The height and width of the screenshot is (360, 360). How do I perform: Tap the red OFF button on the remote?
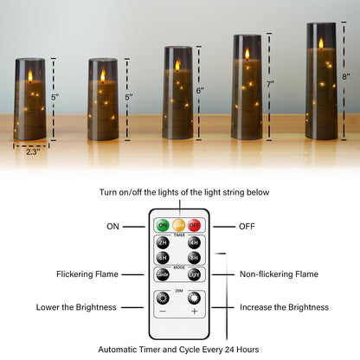click(195, 226)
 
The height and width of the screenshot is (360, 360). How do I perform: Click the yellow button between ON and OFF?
click(178, 226)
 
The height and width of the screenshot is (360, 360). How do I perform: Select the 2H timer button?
click(163, 242)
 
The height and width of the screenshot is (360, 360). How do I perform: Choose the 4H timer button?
click(194, 242)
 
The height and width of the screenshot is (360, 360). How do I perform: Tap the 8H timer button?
click(194, 258)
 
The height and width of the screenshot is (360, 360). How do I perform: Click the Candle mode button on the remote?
click(163, 274)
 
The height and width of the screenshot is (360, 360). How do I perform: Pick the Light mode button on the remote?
click(194, 274)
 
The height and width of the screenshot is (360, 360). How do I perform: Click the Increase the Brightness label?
click(283, 307)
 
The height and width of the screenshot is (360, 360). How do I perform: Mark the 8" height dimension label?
click(346, 78)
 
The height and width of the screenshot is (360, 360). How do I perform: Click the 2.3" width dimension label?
click(32, 152)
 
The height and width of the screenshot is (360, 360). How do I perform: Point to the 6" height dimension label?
click(200, 91)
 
